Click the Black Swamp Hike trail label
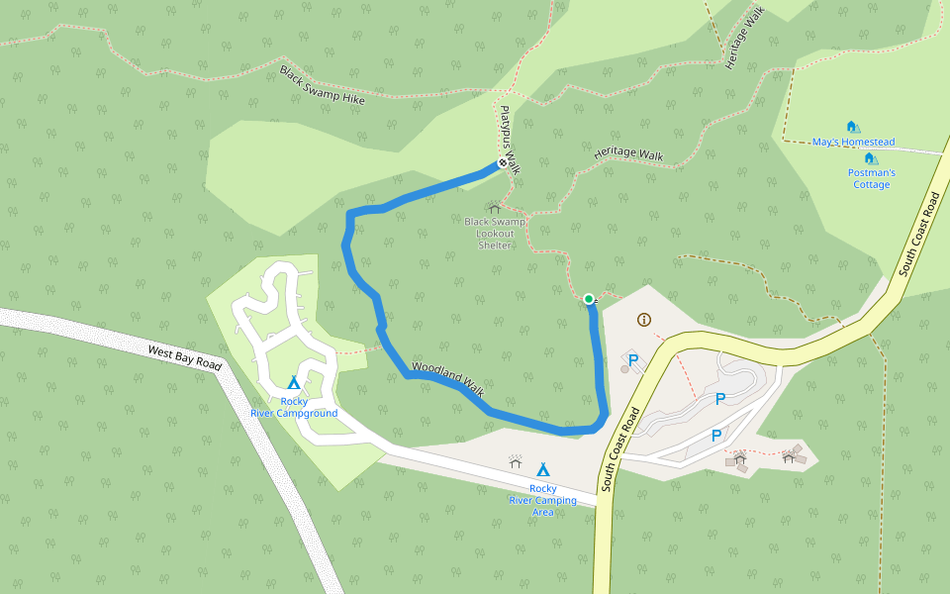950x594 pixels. click(322, 86)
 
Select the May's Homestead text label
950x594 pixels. click(853, 143)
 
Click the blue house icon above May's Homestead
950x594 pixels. click(852, 127)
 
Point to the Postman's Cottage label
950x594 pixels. click(872, 178)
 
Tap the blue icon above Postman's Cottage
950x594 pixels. click(870, 158)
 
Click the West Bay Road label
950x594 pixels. click(185, 357)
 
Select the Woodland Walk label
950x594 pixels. click(446, 379)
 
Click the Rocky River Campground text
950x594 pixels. click(293, 407)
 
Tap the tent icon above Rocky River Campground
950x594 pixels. click(293, 382)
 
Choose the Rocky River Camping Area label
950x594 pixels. click(542, 500)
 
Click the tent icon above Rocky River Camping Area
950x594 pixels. click(542, 469)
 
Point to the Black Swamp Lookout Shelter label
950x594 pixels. click(495, 233)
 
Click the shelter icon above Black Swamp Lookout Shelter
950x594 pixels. click(494, 208)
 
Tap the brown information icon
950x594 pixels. click(645, 319)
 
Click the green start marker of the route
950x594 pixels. click(589, 299)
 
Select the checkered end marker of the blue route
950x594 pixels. click(502, 163)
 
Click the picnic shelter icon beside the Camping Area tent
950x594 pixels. click(516, 461)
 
